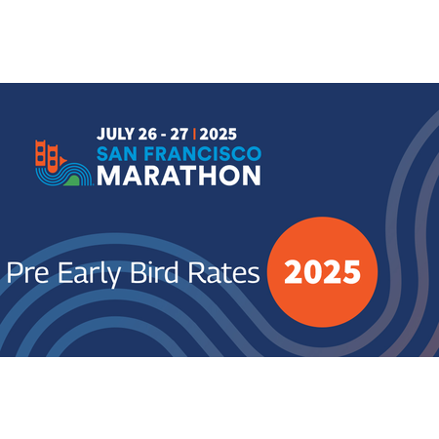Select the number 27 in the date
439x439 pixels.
(x=180, y=134)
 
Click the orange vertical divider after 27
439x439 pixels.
(x=194, y=134)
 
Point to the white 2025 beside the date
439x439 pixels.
(x=219, y=134)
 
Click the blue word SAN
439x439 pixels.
(x=117, y=154)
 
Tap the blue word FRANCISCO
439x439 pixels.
(x=203, y=154)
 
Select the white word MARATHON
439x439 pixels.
(x=179, y=176)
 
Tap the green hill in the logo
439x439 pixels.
(x=72, y=180)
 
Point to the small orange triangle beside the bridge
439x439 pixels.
(x=63, y=160)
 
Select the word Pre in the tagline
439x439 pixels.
(x=28, y=272)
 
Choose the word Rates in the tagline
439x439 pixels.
(x=223, y=272)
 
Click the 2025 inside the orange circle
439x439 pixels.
(x=322, y=272)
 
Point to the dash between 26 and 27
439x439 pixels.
(x=164, y=135)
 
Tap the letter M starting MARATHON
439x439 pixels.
(x=108, y=176)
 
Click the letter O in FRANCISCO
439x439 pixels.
(x=254, y=154)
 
